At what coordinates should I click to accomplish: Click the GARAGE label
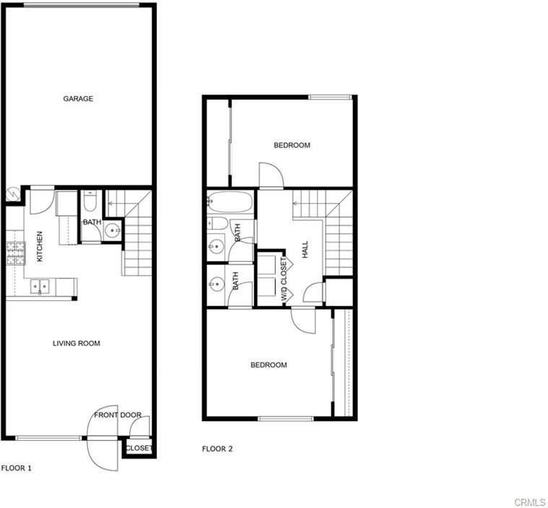pos(78,99)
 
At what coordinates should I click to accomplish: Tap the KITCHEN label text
pos(40,246)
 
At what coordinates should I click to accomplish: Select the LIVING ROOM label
pos(77,343)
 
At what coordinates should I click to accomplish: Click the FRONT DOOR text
pos(118,415)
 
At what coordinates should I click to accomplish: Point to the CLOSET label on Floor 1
pos(139,448)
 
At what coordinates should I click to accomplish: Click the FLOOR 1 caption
pos(17,468)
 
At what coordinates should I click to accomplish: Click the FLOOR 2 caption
pos(217,449)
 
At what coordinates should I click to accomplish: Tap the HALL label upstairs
pos(305,250)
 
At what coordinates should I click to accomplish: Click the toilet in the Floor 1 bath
pos(89,201)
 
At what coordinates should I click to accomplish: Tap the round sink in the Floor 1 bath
pos(113,231)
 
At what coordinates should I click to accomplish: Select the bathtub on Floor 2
pos(230,203)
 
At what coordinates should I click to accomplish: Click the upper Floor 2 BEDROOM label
pos(292,146)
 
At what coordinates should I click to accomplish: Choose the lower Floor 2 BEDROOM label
pos(269,365)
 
